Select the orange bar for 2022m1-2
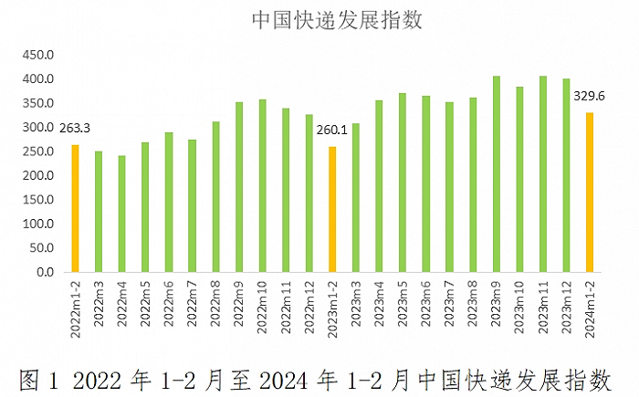pyautogui.click(x=75, y=208)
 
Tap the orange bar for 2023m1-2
pyautogui.click(x=332, y=209)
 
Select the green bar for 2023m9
pyautogui.click(x=496, y=174)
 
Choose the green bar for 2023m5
pyautogui.click(x=403, y=183)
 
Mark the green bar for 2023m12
pyautogui.click(x=566, y=175)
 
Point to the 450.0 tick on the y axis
pyautogui.click(x=39, y=56)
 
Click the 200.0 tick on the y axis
pyautogui.click(x=39, y=176)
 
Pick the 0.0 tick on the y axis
pyautogui.click(x=45, y=272)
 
